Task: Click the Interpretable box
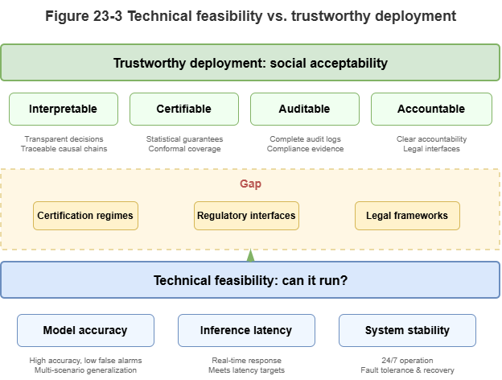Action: point(64,109)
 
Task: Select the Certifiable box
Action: point(184,109)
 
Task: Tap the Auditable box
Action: point(305,109)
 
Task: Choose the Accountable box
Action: point(431,109)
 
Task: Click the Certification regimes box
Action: point(85,216)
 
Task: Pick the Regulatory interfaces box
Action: point(246,216)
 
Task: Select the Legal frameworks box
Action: point(407,216)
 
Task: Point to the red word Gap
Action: point(250,184)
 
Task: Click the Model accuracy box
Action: point(85,330)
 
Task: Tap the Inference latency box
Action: point(246,330)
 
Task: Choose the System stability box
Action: point(407,330)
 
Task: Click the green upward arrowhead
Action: point(251,257)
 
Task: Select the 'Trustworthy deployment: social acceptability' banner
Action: point(250,63)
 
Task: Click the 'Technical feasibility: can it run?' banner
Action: point(250,281)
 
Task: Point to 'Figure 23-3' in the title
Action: point(84,16)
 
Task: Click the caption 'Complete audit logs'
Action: point(306,138)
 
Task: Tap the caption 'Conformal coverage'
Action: point(185,149)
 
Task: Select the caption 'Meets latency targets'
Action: point(246,370)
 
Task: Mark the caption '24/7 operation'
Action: point(407,360)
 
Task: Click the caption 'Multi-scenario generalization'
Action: point(85,370)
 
